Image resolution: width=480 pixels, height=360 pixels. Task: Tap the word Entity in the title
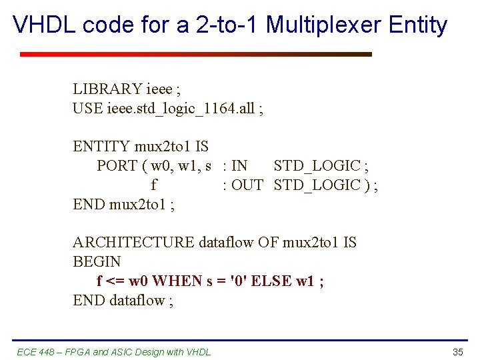tap(418, 25)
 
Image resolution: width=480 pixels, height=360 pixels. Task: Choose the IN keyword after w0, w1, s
tap(239, 165)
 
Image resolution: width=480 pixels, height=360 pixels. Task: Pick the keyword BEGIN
tap(97, 261)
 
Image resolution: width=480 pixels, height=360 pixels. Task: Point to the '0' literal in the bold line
tap(238, 281)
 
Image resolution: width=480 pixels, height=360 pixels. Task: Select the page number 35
tap(457, 351)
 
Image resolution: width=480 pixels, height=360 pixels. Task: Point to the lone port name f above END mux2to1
tap(154, 185)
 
